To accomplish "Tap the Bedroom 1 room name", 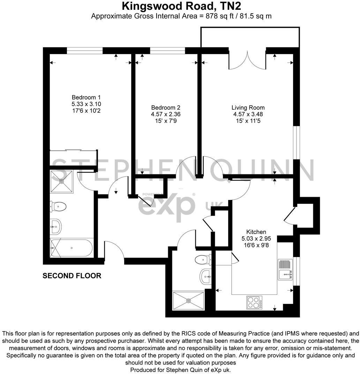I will coord(86,97).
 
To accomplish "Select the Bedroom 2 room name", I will coord(166,107).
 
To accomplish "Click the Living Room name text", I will coord(248,107).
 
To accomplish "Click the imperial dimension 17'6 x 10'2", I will coord(86,111).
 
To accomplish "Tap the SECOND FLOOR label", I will coord(72,276).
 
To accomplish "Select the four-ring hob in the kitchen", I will coord(255,302).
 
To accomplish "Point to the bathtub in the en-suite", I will coord(72,248).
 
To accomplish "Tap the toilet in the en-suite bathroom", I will coord(58,207).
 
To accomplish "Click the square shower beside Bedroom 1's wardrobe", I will coord(62,181).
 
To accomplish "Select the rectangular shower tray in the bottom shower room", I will coord(189,300).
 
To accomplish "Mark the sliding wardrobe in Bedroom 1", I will coord(73,150).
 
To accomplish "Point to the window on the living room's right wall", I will coord(296,142).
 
